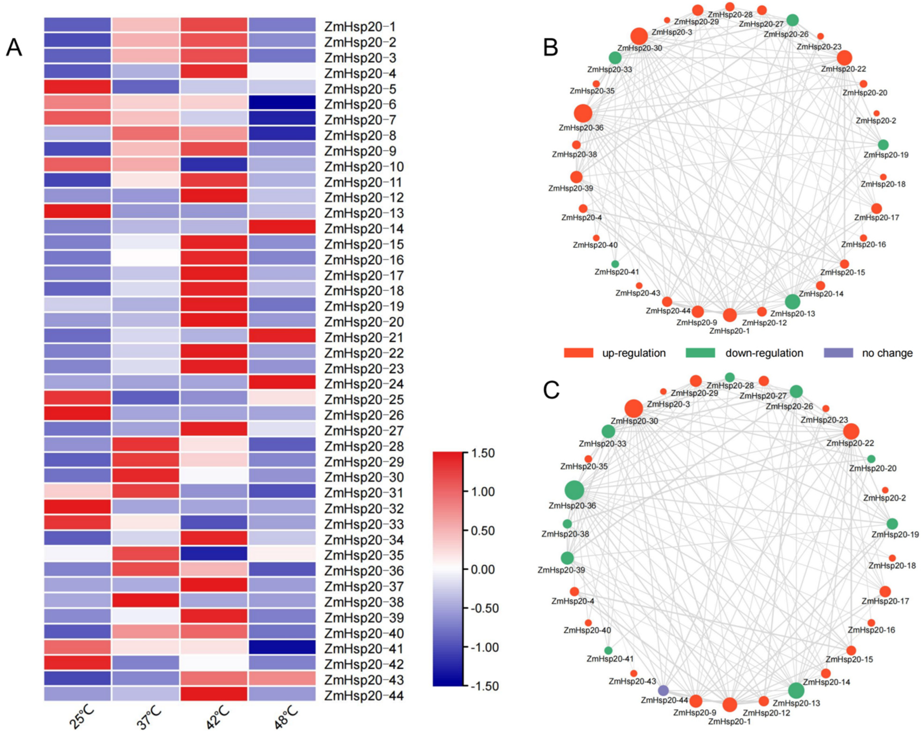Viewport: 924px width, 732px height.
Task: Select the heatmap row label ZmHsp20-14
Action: [x=364, y=229]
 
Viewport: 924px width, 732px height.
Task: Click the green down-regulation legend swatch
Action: [x=700, y=353]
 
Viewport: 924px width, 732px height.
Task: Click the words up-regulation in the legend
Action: [x=634, y=353]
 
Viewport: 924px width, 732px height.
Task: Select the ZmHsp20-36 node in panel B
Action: [x=582, y=113]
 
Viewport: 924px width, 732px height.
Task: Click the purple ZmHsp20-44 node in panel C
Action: [x=663, y=691]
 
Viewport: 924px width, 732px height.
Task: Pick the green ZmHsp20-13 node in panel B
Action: [x=793, y=302]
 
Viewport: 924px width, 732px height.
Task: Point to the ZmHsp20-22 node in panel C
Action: [x=851, y=431]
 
